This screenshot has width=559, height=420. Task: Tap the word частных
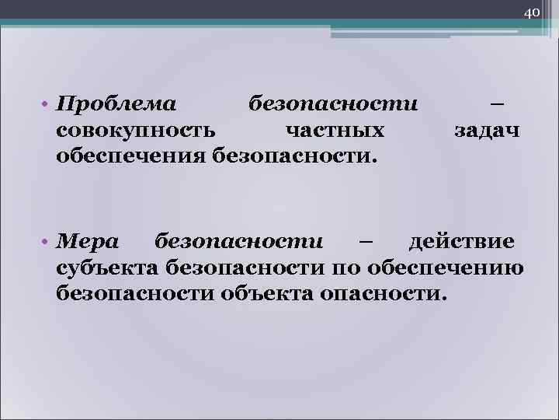(334, 131)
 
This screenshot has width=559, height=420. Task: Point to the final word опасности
(380, 296)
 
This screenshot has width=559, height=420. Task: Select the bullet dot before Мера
(47, 242)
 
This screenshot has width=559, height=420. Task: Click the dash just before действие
(366, 242)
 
